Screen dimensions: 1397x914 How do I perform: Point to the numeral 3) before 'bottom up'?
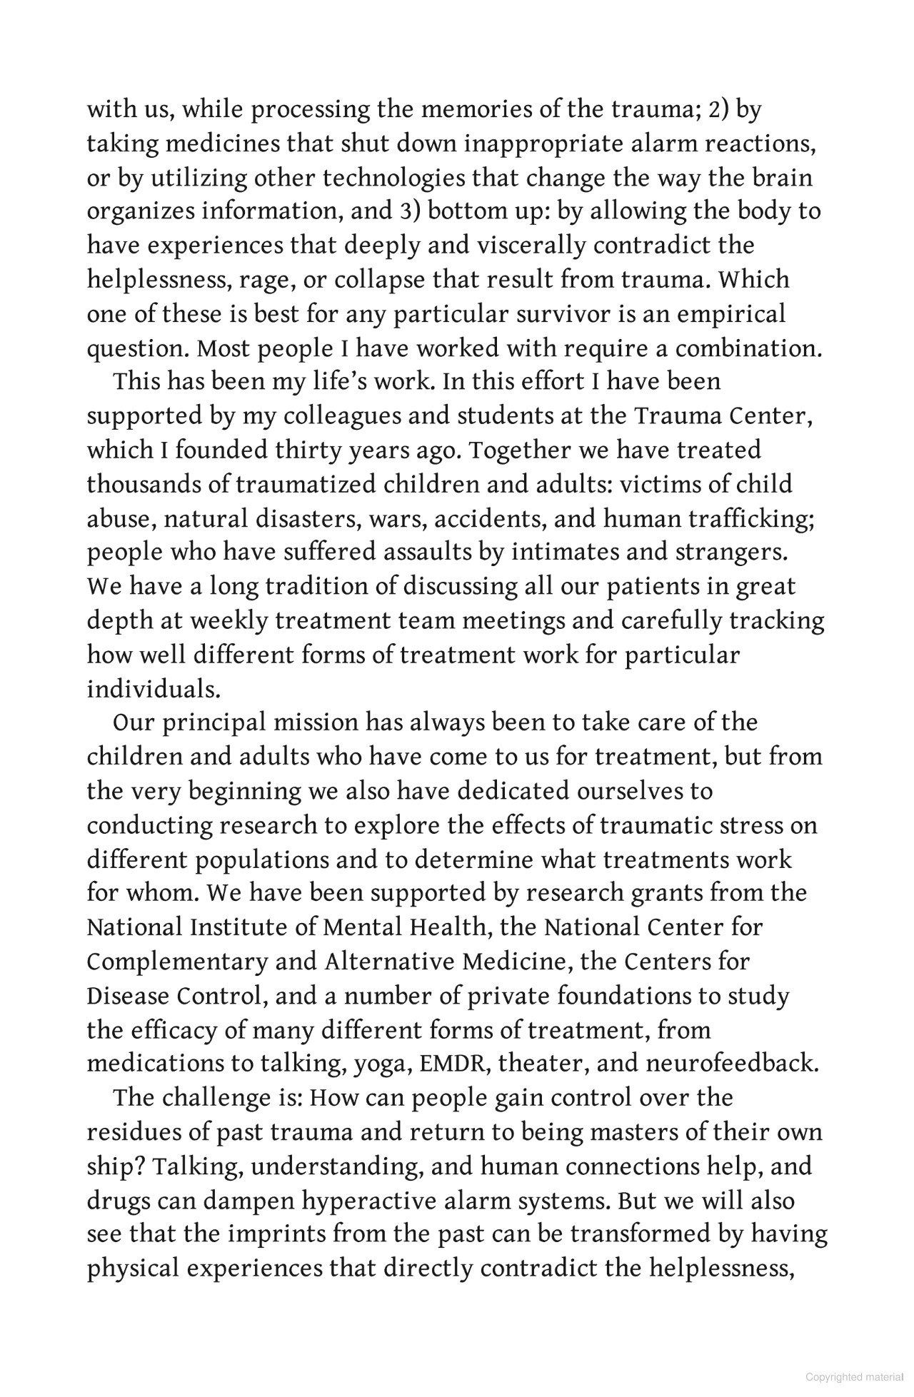pos(407,212)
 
